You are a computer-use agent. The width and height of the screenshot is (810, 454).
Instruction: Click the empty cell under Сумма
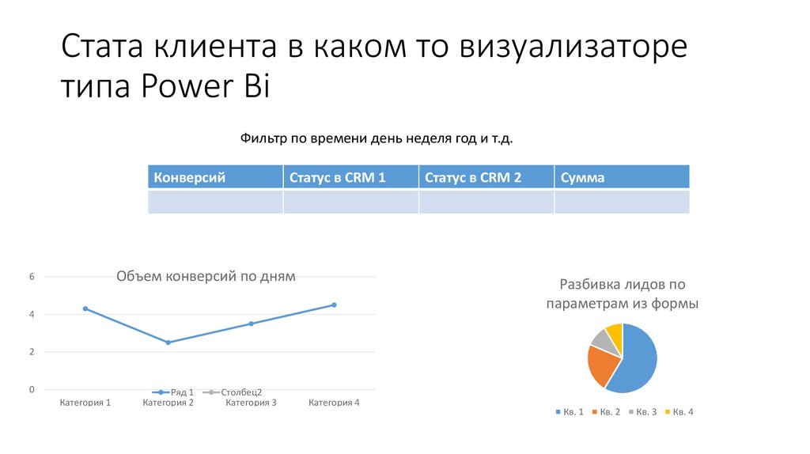point(621,202)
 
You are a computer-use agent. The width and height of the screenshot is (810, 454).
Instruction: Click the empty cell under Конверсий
point(214,202)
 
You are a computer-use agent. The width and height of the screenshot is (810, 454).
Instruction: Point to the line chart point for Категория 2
point(168,342)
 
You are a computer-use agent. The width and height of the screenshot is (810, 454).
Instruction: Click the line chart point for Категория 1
point(85,308)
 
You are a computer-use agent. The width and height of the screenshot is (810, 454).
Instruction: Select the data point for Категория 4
point(334,305)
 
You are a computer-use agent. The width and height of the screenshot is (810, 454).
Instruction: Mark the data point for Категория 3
point(251,323)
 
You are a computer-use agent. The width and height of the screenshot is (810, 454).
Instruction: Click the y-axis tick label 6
point(32,277)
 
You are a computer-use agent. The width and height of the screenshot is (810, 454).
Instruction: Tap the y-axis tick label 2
point(32,352)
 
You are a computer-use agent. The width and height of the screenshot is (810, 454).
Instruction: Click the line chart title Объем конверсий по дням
point(206,276)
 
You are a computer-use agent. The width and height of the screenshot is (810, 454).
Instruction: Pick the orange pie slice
point(602,365)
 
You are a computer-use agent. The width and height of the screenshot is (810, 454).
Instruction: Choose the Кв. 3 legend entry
point(642,412)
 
